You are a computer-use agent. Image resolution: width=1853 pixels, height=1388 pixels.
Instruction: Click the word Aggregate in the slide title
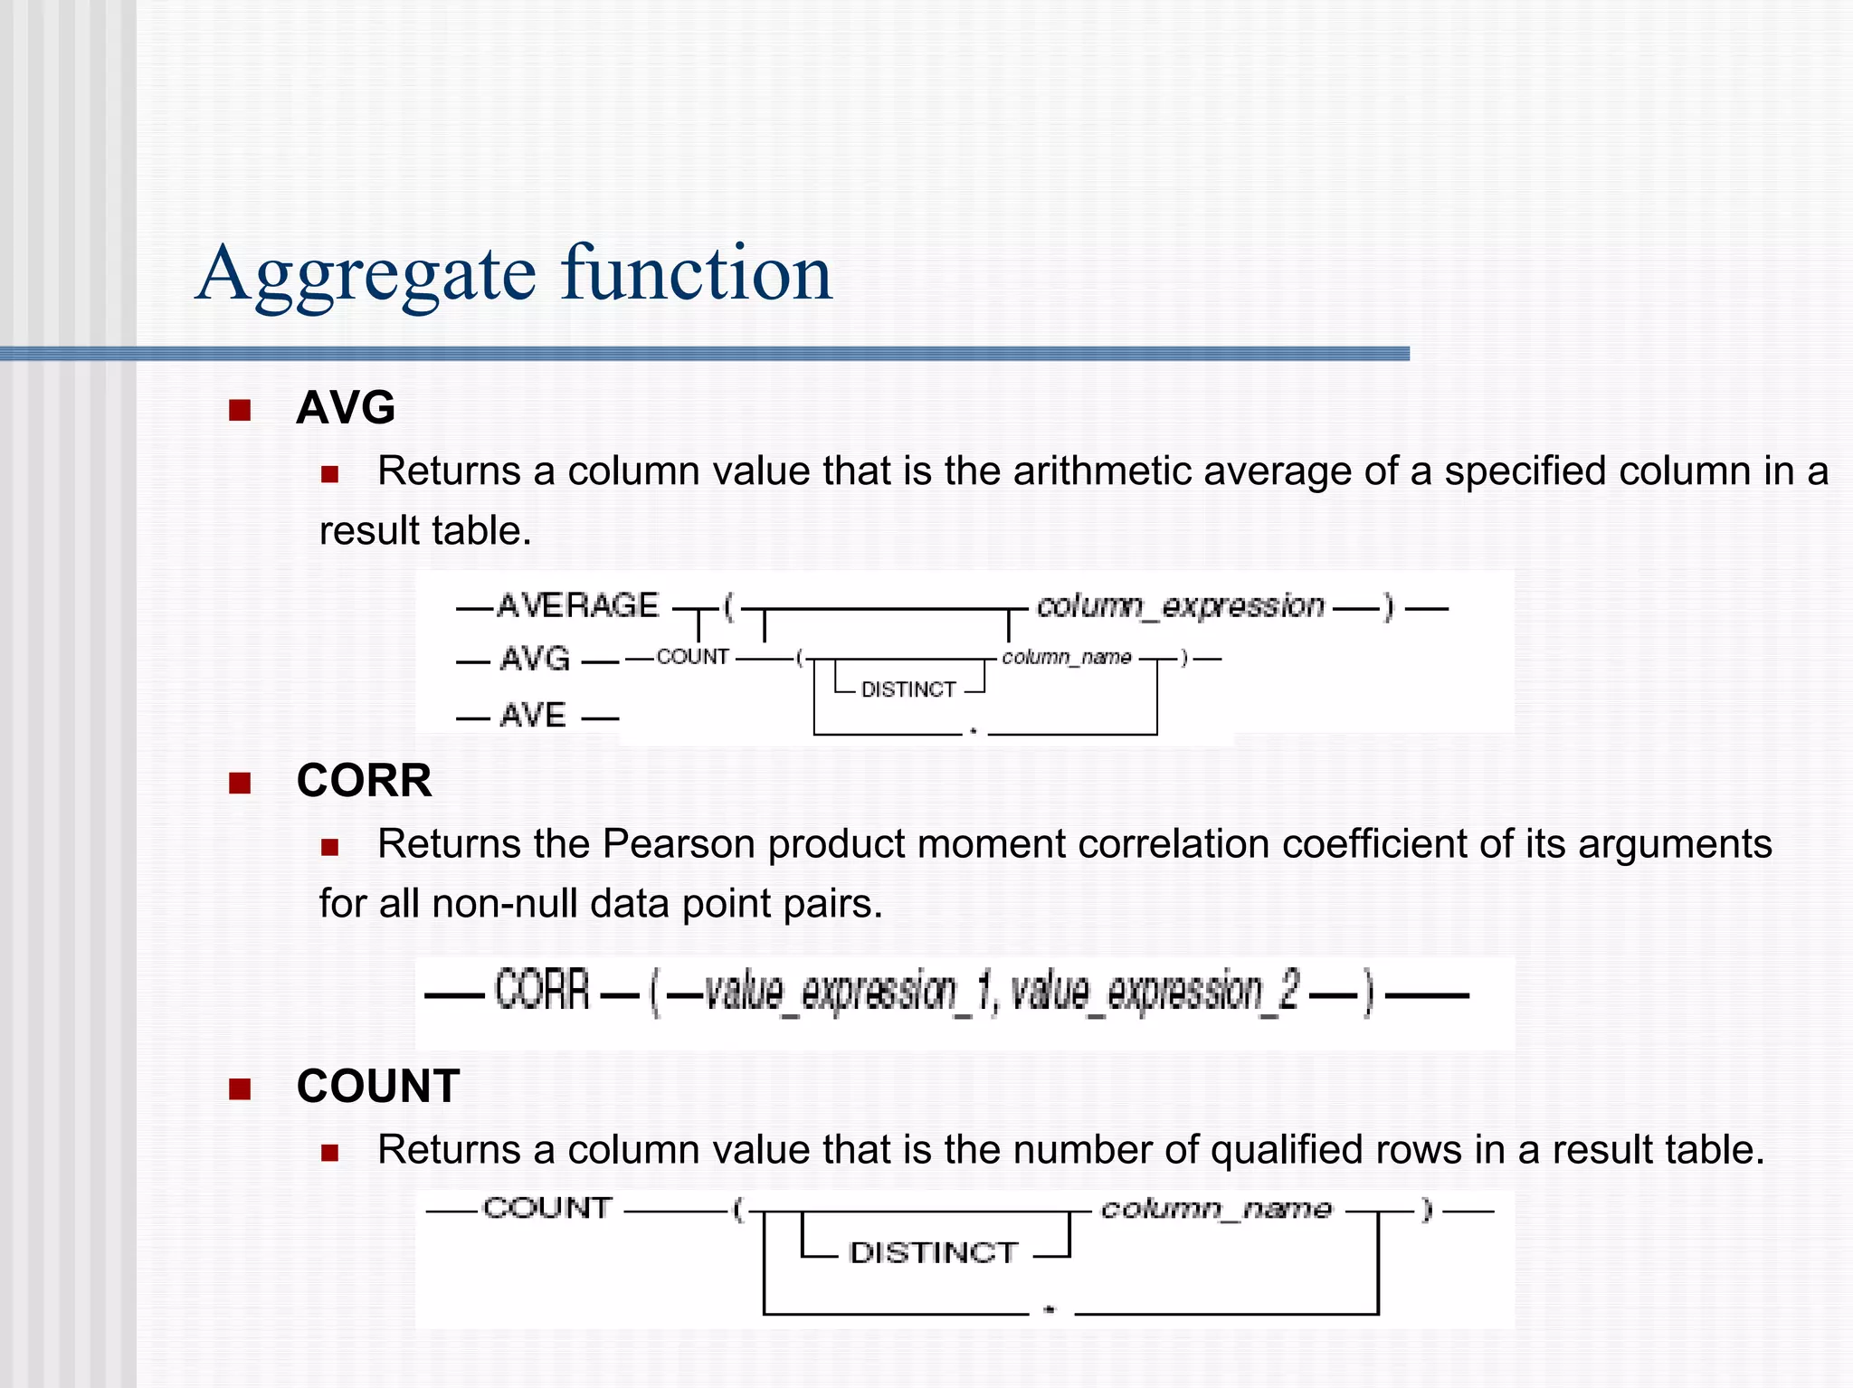point(366,273)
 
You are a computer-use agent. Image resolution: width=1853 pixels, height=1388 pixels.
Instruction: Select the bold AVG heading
point(346,407)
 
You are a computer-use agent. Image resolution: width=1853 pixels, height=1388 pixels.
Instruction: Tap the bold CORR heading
point(364,780)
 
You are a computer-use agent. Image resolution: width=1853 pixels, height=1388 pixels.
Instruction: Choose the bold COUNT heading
point(378,1086)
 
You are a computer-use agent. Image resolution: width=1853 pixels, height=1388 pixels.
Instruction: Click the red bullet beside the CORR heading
point(240,783)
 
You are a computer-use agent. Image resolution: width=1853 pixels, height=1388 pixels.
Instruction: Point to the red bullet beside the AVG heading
point(240,411)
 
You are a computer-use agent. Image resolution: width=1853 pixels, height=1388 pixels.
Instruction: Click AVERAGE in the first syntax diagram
point(577,605)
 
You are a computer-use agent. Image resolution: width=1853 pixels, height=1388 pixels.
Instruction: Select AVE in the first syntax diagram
point(533,716)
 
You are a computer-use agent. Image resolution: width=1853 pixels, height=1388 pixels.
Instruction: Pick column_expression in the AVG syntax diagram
point(1180,605)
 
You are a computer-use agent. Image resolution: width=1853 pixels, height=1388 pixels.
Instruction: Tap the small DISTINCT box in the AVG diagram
point(908,689)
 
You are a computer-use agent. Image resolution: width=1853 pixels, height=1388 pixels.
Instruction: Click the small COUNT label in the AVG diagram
point(692,657)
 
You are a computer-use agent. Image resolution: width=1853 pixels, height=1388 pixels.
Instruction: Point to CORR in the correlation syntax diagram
point(542,991)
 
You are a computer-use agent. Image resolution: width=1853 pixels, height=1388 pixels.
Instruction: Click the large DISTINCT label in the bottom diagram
point(934,1253)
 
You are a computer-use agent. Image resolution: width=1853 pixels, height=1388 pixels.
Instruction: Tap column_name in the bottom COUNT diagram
point(1216,1209)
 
